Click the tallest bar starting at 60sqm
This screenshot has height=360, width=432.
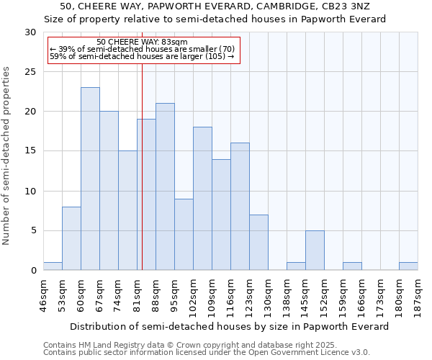(x=90, y=179)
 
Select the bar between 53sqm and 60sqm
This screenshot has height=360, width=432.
(x=71, y=238)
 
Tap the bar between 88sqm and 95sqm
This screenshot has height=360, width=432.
(x=165, y=186)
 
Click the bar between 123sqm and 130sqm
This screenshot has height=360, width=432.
(x=258, y=242)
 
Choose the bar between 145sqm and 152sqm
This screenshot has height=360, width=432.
(x=315, y=250)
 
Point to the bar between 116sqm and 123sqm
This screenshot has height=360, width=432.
(x=240, y=206)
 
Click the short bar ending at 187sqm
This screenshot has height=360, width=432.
(x=408, y=266)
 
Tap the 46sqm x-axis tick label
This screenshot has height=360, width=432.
(x=44, y=294)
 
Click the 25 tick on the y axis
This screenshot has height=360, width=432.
(x=31, y=72)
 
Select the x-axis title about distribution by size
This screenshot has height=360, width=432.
(x=230, y=326)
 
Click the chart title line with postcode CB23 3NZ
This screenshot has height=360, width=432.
(x=216, y=6)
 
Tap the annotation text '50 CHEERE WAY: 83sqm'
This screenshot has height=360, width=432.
(x=142, y=42)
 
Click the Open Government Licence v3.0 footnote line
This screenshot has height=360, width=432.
(x=207, y=353)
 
